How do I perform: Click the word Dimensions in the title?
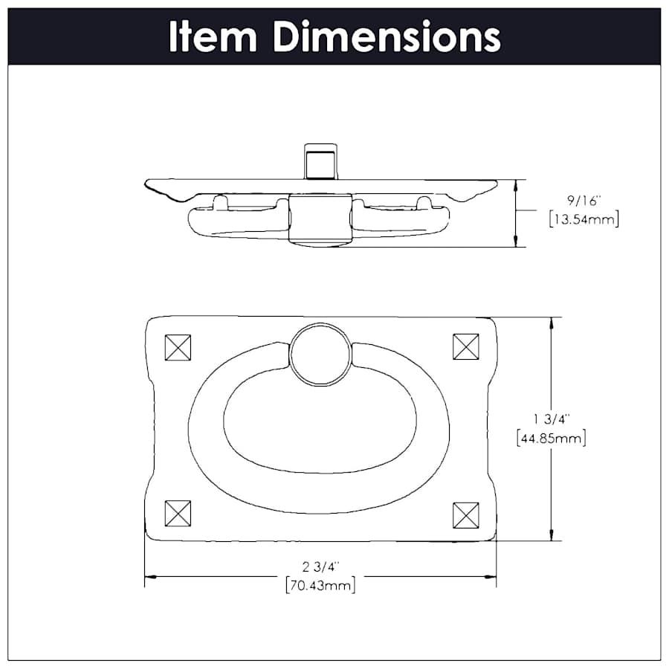coord(385,36)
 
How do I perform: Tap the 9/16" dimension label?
coord(582,201)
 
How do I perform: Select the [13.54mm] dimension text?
coord(582,219)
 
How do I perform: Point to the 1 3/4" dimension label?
coord(551,419)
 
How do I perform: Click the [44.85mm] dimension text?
coord(551,438)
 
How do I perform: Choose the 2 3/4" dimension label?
coord(320,567)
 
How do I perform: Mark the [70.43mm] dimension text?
coord(320,585)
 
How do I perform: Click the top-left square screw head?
coord(178,347)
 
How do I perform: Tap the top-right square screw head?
coord(466,346)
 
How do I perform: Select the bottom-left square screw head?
coord(178,513)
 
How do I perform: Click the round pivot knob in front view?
coord(320,354)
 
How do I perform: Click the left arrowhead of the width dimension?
coord(149,576)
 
